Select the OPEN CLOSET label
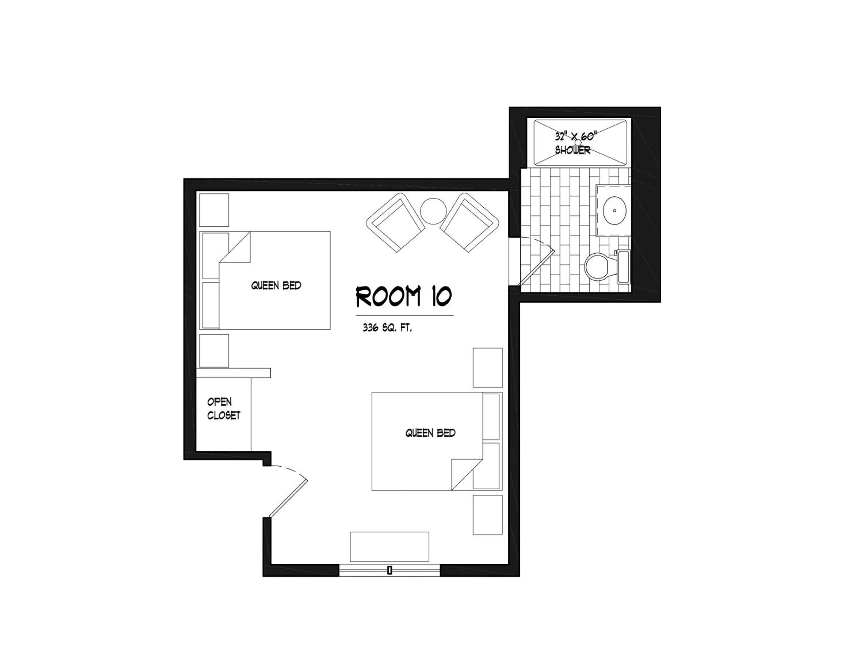tap(224, 409)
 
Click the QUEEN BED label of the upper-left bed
tap(276, 285)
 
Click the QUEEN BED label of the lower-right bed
tap(430, 433)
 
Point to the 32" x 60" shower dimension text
tap(575, 137)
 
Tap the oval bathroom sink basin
tap(614, 211)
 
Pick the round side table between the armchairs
tap(433, 211)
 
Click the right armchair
tap(469, 222)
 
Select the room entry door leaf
tap(288, 498)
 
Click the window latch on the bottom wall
tap(390, 570)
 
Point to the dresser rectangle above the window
tap(389, 546)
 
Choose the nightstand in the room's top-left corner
tap(214, 209)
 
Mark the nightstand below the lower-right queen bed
tap(488, 515)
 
